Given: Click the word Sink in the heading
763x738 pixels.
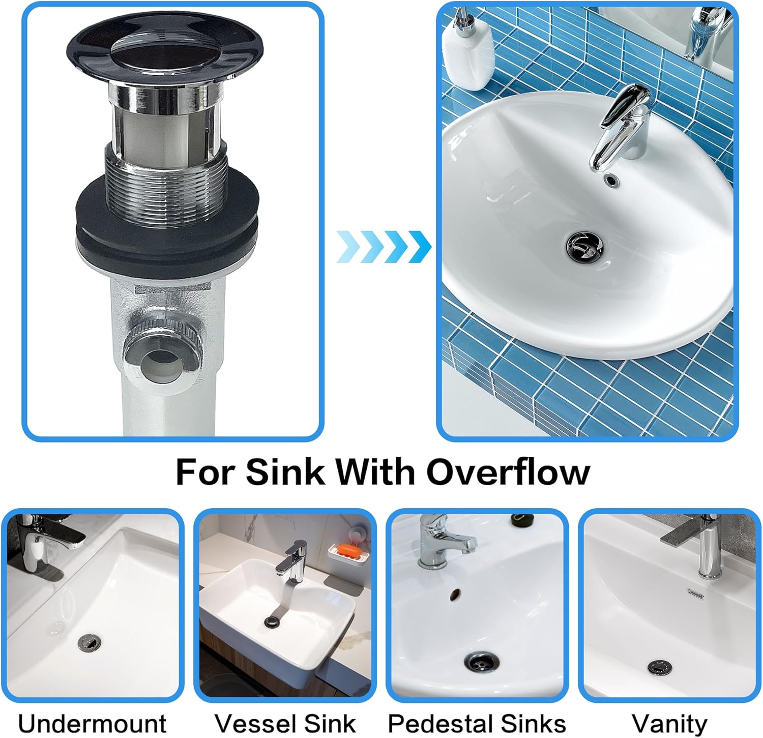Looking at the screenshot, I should pyautogui.click(x=285, y=471).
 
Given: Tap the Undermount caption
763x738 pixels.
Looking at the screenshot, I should pyautogui.click(x=92, y=723).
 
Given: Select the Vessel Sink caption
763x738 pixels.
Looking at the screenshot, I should pyautogui.click(x=285, y=723).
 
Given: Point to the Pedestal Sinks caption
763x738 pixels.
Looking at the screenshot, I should pyautogui.click(x=477, y=723).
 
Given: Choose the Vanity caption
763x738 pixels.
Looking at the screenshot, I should pyautogui.click(x=669, y=723).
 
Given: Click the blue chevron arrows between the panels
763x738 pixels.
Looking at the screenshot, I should pyautogui.click(x=384, y=247).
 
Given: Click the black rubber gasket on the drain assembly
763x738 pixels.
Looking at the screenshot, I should pyautogui.click(x=168, y=224).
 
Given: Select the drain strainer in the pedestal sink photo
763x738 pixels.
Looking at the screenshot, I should pyautogui.click(x=481, y=662).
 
